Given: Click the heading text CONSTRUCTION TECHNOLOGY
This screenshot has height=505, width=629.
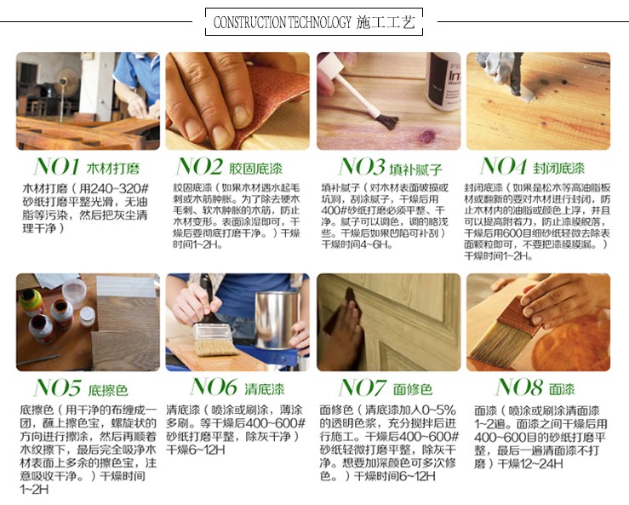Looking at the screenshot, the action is point(282,22).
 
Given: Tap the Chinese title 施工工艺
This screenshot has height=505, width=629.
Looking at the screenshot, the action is point(385,22).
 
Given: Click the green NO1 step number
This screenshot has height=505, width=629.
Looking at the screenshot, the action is point(56,166).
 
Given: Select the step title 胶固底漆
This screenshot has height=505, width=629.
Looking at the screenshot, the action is point(256,169).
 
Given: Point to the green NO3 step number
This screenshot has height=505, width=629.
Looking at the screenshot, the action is point(362,166).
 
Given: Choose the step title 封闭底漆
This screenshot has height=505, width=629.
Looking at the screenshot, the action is point(558,169).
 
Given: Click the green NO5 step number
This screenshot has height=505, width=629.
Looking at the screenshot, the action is point(57,387).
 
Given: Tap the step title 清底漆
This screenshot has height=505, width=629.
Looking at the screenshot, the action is point(265,389).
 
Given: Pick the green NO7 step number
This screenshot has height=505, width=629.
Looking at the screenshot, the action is point(363,387).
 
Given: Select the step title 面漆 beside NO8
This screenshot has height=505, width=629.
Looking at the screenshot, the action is point(562,389).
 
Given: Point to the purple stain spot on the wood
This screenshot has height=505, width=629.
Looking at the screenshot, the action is point(426,136).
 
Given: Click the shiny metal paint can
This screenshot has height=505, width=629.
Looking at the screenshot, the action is point(277,320).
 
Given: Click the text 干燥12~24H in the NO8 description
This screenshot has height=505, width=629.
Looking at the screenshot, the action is point(530,463).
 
